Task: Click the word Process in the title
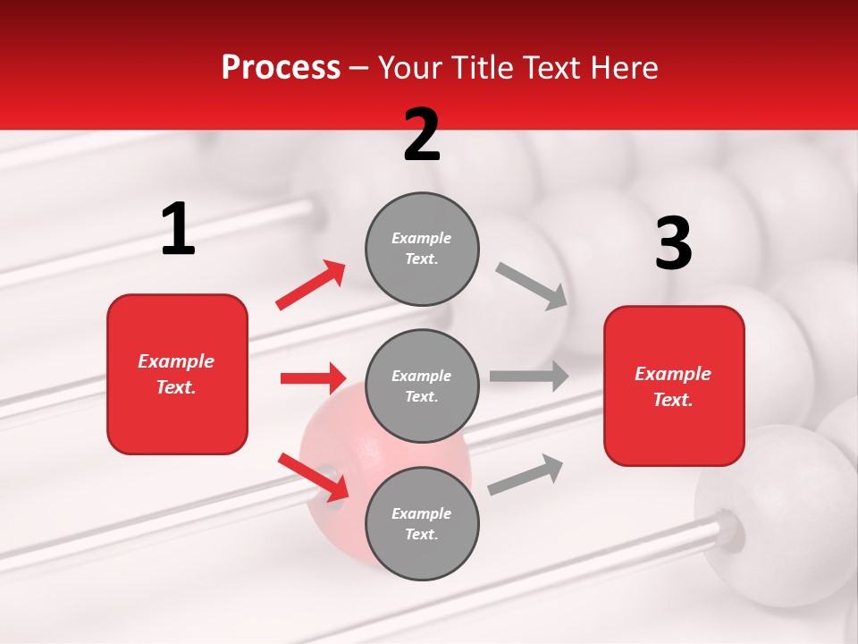pos(281,68)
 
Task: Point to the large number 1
pos(178,230)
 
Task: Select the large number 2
pos(422,135)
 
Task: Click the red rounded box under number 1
pos(177,374)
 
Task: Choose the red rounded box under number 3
pos(674,386)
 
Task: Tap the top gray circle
pos(422,249)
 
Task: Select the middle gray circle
pos(422,386)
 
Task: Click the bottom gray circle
pos(422,523)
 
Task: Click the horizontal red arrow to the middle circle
pos(312,378)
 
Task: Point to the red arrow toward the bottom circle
pos(313,476)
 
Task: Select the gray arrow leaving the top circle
pos(531,285)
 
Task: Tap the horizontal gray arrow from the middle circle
pos(528,377)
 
